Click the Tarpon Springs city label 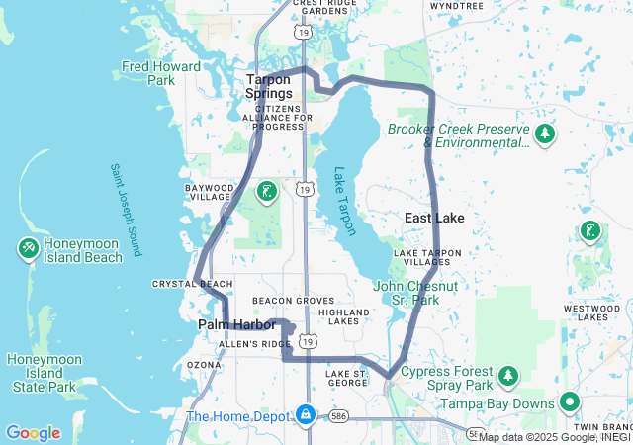269,86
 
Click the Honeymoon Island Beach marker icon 27,250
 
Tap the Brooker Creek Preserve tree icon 543,133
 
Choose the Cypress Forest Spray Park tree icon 508,375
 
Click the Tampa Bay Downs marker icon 569,402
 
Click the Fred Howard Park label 161,73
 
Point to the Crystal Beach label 193,284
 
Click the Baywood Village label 210,192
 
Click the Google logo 33,433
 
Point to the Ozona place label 205,365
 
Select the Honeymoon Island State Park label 42,373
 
